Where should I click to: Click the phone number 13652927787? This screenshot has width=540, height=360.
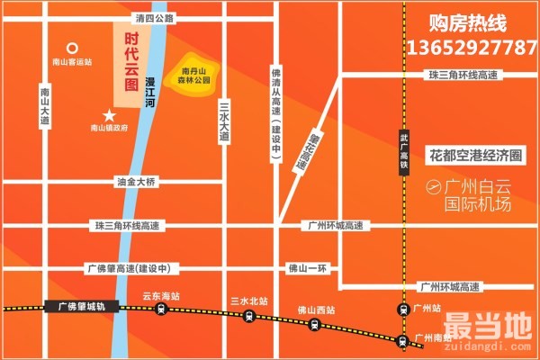pyautogui.click(x=472, y=46)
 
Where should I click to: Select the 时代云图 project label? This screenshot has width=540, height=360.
pyautogui.click(x=131, y=60)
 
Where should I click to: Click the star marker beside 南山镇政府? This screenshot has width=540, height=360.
pyautogui.click(x=110, y=115)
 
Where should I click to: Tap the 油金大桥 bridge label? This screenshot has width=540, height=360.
pyautogui.click(x=136, y=182)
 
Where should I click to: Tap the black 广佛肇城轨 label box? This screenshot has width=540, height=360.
pyautogui.click(x=76, y=307)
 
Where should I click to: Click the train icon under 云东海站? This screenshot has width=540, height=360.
pyautogui.click(x=160, y=310)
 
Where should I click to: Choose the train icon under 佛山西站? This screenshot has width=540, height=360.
pyautogui.click(x=316, y=325)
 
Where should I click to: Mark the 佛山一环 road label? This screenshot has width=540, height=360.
pyautogui.click(x=317, y=267)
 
